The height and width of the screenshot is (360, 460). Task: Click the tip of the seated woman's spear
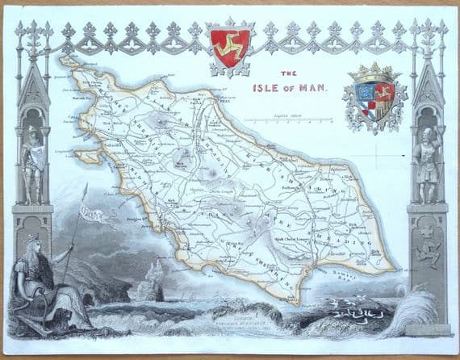click(86, 186)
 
